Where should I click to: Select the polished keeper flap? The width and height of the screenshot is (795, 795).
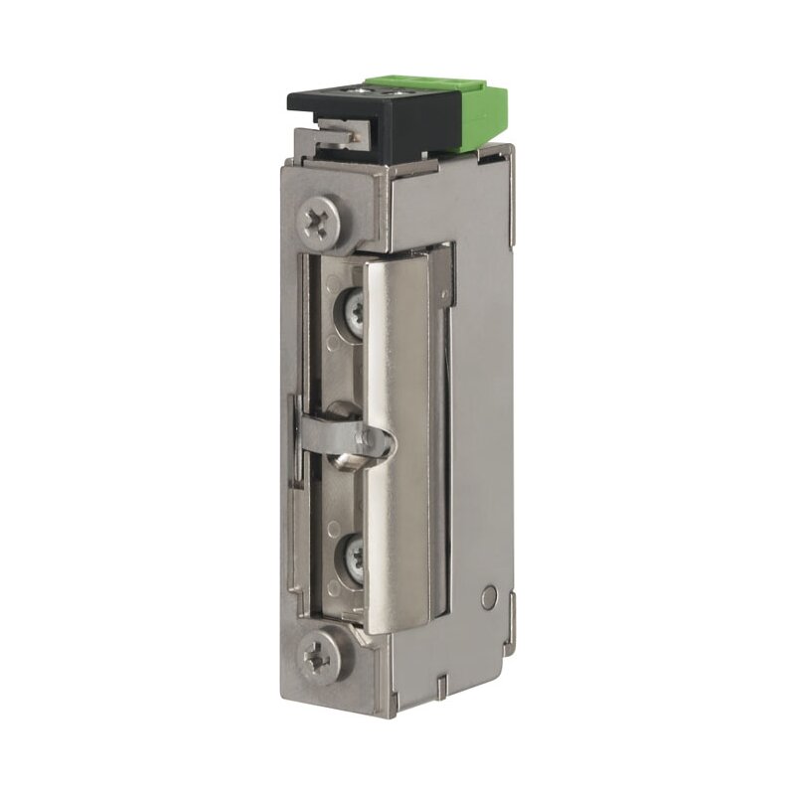coord(397,437)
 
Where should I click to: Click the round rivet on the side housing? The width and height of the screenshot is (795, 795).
coord(487,597)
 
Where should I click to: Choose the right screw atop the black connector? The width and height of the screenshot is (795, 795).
coord(397,93)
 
